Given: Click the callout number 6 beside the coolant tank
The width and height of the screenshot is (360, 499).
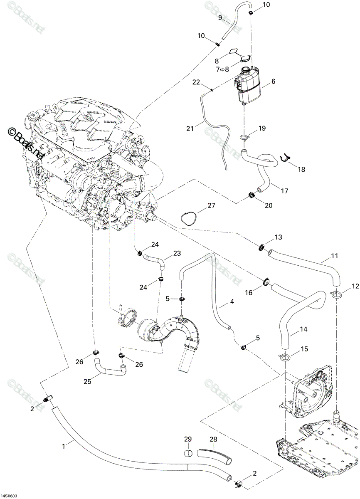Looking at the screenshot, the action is point(274,81).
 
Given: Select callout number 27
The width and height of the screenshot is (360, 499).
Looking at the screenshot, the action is point(211,205).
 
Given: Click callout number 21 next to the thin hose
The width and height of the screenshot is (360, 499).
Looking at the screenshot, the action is point(190,128).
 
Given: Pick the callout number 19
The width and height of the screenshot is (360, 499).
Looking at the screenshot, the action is point(262,128).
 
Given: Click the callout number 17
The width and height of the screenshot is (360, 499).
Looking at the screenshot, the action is point(284,191).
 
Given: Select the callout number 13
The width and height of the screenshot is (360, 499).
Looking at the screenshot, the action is point(278,237).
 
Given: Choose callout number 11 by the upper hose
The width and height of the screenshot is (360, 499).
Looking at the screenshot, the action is point(334,256).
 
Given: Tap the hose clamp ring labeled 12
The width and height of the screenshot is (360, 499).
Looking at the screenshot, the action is point(336,295).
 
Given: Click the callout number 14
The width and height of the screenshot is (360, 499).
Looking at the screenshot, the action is point(304,329).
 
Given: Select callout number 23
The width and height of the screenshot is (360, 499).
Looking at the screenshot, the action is point(177,253).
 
